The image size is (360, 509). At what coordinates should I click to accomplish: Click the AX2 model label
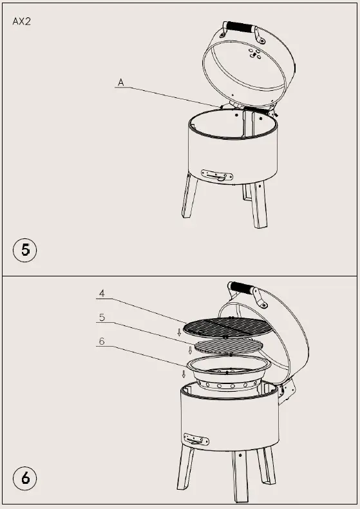click(22, 21)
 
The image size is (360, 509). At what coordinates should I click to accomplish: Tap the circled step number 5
click(25, 249)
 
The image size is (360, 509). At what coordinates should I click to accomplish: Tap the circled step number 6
click(25, 479)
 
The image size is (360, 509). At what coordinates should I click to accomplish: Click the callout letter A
click(120, 82)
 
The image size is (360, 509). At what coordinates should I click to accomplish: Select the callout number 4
click(102, 294)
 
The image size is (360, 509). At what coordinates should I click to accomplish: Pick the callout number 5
click(102, 317)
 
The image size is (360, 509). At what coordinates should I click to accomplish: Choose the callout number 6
click(102, 341)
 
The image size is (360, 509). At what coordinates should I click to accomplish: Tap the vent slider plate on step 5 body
click(217, 175)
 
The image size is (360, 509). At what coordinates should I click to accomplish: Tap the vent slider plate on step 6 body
click(196, 439)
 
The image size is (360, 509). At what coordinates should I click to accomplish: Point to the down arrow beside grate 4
click(179, 332)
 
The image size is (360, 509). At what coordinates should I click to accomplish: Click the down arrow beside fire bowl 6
click(184, 374)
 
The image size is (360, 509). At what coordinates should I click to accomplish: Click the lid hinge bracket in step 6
click(287, 389)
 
